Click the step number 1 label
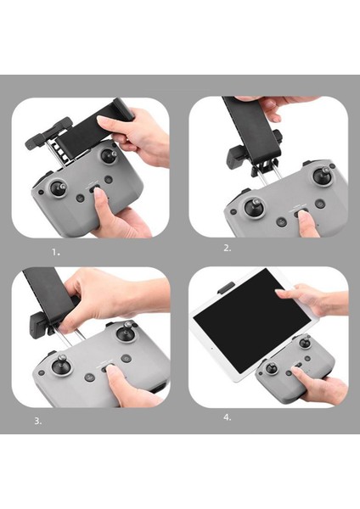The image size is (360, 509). pos(56,252)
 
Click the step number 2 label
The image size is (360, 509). pos(228,249)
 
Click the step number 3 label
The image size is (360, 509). pos(38,421)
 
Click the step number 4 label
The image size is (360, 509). pos(228,417)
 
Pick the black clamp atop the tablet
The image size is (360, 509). pos(226,288)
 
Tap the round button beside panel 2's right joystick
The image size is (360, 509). pos(320,204)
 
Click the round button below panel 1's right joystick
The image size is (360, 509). pos(108,179)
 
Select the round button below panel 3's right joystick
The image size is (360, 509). pos(126,358)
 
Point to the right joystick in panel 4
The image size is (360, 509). pos(305,343)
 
